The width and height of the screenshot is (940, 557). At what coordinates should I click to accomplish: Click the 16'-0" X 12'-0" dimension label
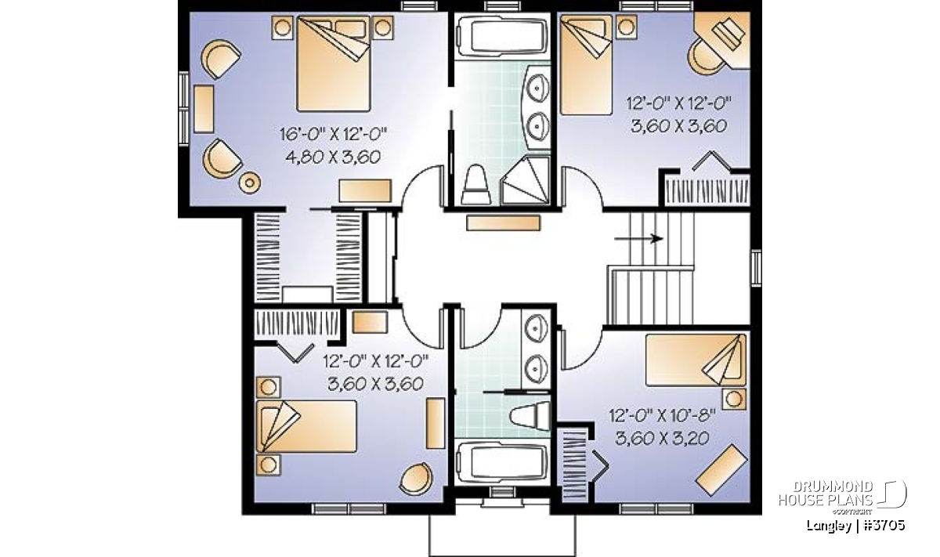click(x=333, y=134)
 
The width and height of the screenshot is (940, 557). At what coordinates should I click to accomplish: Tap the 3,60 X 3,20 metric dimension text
click(x=662, y=438)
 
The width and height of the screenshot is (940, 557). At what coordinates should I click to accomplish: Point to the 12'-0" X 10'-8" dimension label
click(x=662, y=416)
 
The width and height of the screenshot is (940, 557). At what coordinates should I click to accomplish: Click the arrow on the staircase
click(x=638, y=239)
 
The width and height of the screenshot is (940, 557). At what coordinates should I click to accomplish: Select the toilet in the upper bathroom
click(x=476, y=185)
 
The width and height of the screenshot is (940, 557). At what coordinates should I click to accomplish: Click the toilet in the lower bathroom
click(x=530, y=416)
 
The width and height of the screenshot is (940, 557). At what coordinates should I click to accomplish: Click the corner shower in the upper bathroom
click(x=525, y=181)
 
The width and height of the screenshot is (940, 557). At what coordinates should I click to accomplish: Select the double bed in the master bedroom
click(x=334, y=63)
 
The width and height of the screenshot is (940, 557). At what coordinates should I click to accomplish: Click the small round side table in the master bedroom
click(x=250, y=183)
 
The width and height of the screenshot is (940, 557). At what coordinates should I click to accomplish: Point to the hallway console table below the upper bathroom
click(x=503, y=223)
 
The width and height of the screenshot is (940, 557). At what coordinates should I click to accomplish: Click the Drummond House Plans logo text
click(x=826, y=494)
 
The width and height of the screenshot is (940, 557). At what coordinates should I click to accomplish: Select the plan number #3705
click(x=884, y=526)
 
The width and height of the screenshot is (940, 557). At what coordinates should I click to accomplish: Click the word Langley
click(x=829, y=526)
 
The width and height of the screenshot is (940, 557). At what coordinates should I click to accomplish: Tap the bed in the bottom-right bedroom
click(x=696, y=360)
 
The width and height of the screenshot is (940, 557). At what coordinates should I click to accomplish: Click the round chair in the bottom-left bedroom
click(x=416, y=479)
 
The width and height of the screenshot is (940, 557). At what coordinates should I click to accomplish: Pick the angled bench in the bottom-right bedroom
click(x=721, y=470)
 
